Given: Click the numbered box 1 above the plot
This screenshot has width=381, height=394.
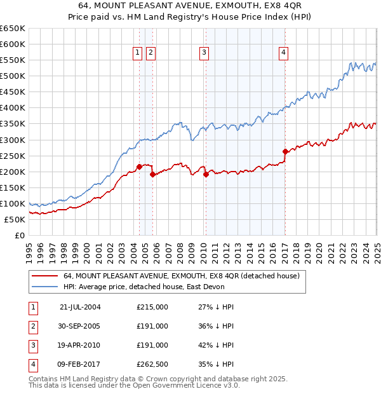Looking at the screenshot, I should (x=137, y=53).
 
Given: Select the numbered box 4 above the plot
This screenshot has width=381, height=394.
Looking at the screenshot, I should (x=283, y=53).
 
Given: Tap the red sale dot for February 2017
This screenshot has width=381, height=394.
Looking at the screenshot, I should (x=285, y=151).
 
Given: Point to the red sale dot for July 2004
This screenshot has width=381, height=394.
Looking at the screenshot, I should (x=139, y=166).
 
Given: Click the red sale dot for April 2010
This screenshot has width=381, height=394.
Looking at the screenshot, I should (x=206, y=174).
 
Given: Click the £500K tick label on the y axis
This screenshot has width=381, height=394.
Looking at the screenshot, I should (x=13, y=76).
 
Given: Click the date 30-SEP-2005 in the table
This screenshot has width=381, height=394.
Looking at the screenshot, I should (x=80, y=326).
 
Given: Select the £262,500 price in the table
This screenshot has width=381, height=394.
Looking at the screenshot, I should (x=152, y=364).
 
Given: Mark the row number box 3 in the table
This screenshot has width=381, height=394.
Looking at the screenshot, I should (x=32, y=345).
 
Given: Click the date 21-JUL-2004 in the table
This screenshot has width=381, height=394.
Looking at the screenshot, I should (x=80, y=307).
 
